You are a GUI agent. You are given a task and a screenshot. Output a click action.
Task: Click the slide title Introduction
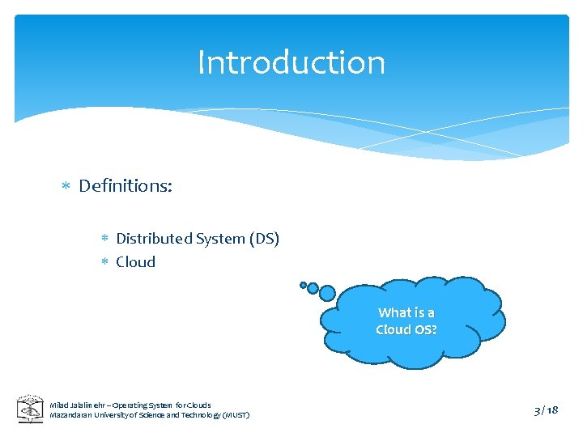pyautogui.click(x=291, y=62)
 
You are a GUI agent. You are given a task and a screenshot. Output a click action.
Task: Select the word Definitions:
pyautogui.click(x=126, y=186)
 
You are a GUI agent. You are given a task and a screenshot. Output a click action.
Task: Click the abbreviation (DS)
pyautogui.click(x=264, y=239)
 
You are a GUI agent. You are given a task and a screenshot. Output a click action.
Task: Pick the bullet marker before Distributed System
pyautogui.click(x=104, y=240)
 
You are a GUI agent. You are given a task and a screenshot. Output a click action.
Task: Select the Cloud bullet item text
pyautogui.click(x=135, y=262)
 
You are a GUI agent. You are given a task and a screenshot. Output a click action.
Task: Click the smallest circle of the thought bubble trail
pyautogui.click(x=304, y=285)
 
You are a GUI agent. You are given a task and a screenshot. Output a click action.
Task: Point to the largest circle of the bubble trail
pyautogui.click(x=326, y=293)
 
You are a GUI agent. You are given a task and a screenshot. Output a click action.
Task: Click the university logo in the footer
pyautogui.click(x=31, y=409)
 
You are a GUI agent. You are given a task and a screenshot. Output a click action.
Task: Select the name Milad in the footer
pyautogui.click(x=60, y=405)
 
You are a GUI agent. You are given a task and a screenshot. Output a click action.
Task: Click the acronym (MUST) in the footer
pyautogui.click(x=235, y=415)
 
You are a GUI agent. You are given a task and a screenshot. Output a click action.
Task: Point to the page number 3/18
pyautogui.click(x=546, y=410)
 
